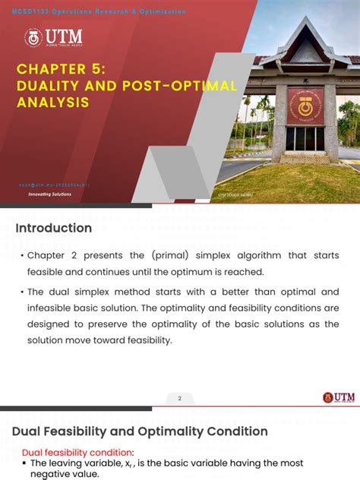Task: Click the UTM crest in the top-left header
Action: click(33, 37)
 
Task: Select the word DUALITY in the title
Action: click(47, 86)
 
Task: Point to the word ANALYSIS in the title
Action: click(53, 102)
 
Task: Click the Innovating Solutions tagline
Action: click(49, 194)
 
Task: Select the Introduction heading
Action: click(53, 228)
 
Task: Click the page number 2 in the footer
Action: click(180, 398)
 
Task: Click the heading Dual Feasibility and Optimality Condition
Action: click(140, 431)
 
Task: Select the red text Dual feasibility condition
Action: click(77, 453)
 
